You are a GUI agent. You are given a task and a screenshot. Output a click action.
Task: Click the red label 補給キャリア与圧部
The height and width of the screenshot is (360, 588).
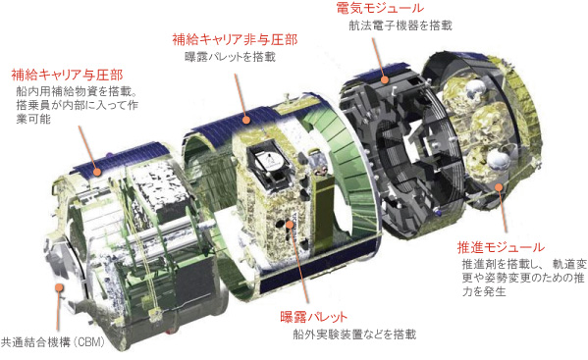pyautogui.click(x=66, y=74)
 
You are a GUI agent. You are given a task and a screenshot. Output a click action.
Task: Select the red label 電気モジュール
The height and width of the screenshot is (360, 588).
pyautogui.click(x=373, y=9)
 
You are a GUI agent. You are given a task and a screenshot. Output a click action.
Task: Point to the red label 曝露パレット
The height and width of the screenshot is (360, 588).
pyautogui.click(x=320, y=317)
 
